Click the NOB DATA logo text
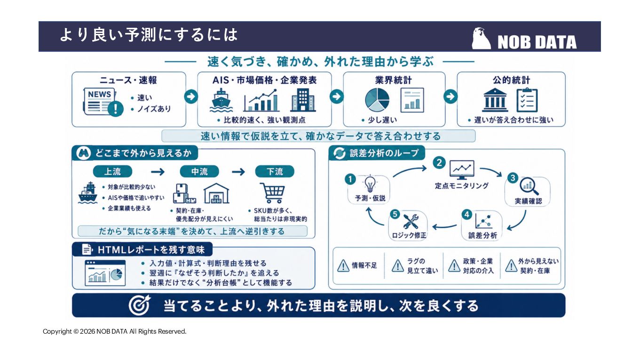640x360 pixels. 537,42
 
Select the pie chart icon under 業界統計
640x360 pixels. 377,100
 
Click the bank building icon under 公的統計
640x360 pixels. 495,100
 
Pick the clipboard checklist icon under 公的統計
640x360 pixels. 527,100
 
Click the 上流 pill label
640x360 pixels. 112,172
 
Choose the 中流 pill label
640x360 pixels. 199,172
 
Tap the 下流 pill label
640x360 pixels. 275,172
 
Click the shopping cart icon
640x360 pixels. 273,193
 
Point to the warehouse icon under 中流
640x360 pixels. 216,193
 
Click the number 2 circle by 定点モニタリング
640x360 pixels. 439,163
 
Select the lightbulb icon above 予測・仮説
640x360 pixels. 370,184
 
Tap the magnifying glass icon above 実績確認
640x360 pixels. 529,186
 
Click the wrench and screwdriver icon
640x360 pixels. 411,222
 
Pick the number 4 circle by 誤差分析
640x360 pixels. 467,215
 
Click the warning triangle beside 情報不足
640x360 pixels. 343,265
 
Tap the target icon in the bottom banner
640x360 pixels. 140,305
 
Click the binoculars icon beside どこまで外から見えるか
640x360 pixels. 83,153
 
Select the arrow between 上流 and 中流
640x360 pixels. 158,172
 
